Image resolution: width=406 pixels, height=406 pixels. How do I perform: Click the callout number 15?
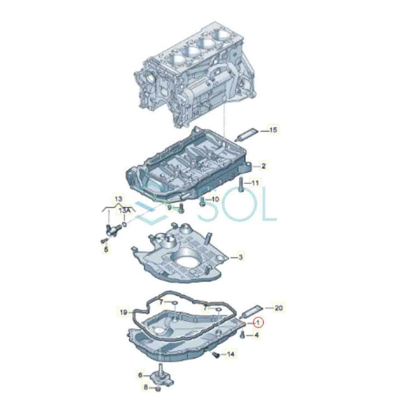tap(273, 130)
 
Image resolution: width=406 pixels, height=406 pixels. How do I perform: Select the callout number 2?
tap(263, 166)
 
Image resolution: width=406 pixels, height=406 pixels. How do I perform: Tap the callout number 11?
tap(255, 183)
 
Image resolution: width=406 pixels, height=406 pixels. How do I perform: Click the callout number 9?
tap(170, 208)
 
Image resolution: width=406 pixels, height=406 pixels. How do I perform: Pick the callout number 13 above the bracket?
tap(118, 198)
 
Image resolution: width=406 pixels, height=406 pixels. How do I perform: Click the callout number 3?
tap(240, 257)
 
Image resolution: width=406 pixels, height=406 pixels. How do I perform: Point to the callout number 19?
tap(124, 311)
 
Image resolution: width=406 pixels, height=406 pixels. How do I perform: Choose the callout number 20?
tap(278, 308)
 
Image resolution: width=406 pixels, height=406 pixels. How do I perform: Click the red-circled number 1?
tap(258, 323)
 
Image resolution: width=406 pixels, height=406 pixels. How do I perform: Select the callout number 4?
tap(257, 335)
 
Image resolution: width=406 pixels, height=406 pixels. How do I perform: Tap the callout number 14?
tap(231, 355)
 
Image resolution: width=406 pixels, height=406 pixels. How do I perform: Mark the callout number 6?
tap(140, 375)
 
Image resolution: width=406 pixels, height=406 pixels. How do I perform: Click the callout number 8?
tap(146, 387)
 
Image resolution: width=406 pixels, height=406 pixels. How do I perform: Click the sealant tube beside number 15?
tap(249, 133)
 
